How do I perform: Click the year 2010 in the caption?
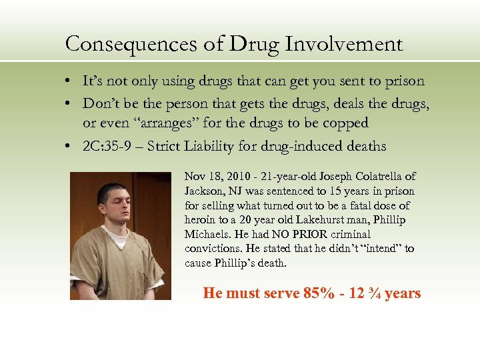pyautogui.click(x=230, y=177)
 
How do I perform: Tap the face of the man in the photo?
pyautogui.click(x=109, y=201)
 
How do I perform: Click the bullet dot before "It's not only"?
pyautogui.click(x=69, y=82)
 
